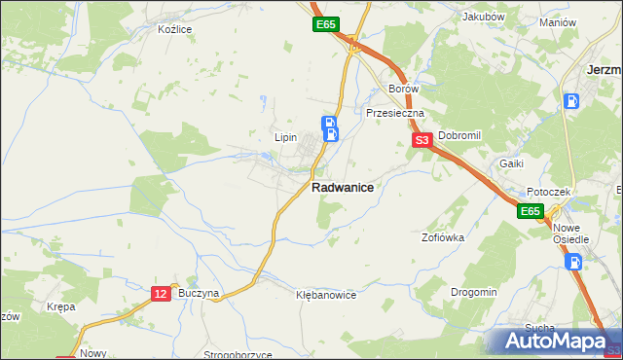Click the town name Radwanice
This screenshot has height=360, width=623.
[x=343, y=188]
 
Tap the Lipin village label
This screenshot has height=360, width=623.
[x=285, y=137]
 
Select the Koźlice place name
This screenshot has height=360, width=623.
[x=175, y=29]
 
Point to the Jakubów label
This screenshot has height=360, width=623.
[x=484, y=17]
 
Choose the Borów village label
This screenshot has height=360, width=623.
[x=403, y=89]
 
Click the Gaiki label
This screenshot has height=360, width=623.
[x=512, y=163]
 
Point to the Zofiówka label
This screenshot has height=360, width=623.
[x=442, y=236]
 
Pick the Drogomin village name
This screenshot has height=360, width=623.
[x=474, y=292]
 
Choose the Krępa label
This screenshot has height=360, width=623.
[x=60, y=306]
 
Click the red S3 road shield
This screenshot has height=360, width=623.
[x=422, y=141]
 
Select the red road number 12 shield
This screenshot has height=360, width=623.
[x=162, y=293]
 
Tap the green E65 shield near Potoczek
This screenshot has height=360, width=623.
[x=530, y=211]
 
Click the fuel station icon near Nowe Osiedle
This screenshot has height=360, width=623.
[x=574, y=261]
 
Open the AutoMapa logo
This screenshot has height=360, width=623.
[x=553, y=341]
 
